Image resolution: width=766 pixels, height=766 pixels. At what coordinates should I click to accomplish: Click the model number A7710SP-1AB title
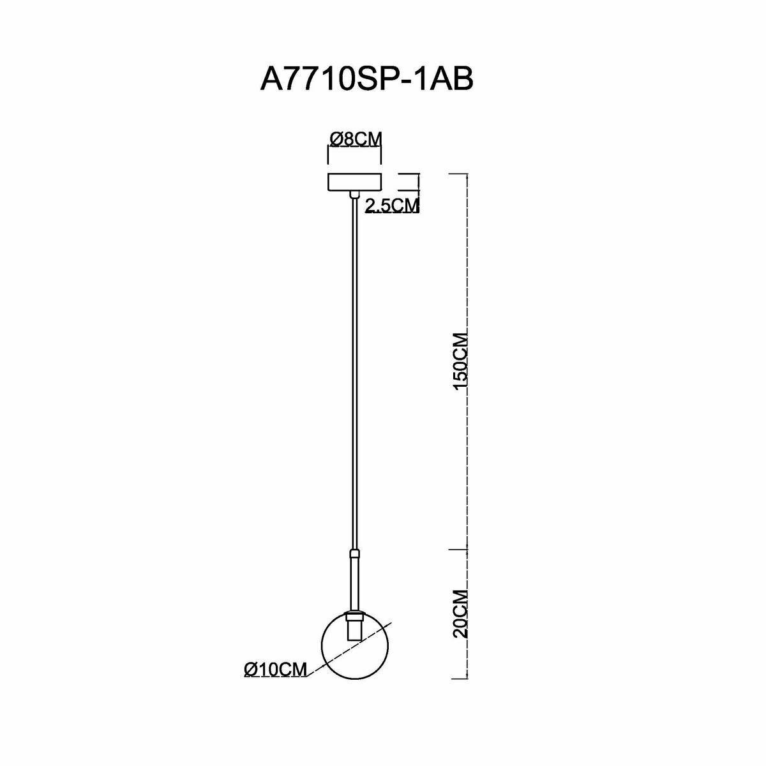click(368, 80)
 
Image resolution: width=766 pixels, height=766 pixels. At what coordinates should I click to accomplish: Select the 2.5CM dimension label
click(391, 206)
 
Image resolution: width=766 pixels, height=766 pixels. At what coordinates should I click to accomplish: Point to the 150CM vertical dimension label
click(461, 364)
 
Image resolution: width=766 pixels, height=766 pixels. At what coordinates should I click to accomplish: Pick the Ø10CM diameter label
click(276, 669)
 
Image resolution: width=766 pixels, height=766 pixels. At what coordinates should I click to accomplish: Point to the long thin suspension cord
click(354, 370)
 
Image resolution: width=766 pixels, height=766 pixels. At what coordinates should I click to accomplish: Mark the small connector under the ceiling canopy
click(354, 194)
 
